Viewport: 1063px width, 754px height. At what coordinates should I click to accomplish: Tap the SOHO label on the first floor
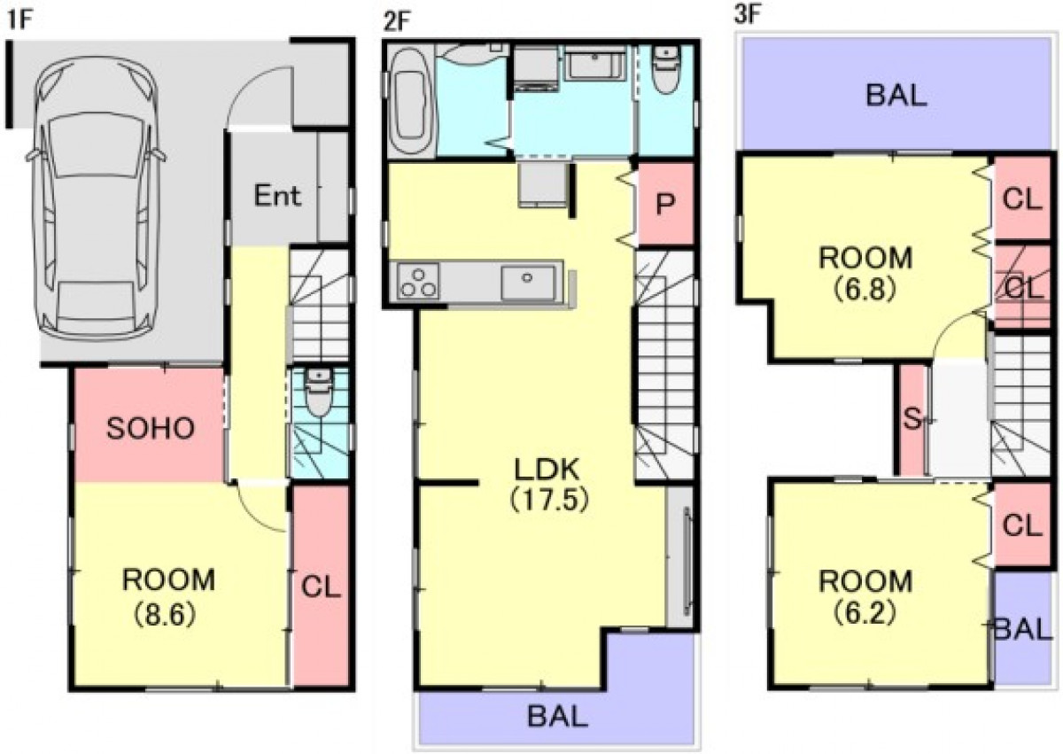pos(151,428)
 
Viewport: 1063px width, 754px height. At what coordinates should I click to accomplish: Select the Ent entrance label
pos(277,195)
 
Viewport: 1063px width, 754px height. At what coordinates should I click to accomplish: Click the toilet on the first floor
pos(319,393)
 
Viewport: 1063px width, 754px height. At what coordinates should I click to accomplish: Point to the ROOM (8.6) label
pos(168,597)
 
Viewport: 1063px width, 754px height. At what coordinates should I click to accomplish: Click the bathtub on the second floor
pos(409,101)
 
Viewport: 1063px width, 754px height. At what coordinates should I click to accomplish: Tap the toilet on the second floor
pos(666,70)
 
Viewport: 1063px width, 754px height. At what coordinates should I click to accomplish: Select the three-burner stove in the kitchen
pos(418,283)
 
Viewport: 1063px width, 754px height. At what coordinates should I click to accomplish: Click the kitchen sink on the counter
pos(528,283)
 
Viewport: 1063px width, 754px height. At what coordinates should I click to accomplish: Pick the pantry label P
pos(665,204)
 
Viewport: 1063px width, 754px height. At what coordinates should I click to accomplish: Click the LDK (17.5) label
pos(548,485)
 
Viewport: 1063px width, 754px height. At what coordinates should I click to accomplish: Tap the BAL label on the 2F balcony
pos(557,716)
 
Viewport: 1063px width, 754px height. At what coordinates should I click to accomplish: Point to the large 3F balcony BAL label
pos(896,95)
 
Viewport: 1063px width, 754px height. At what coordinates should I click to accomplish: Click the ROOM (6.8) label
pos(865,273)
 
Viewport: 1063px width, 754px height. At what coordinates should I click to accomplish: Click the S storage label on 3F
pos(912,419)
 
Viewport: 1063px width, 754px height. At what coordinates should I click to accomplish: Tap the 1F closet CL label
pos(321,587)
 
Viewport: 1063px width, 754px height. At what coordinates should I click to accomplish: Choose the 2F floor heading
pos(396,22)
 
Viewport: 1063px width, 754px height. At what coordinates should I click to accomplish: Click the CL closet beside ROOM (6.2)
pos(1021,525)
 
